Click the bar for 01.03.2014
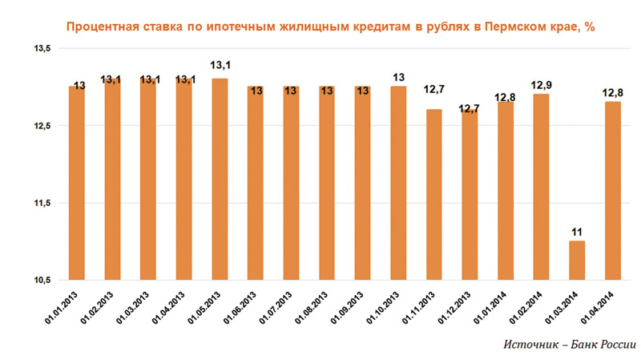tap(576, 260)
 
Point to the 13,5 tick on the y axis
tap(41, 49)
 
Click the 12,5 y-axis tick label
tap(41, 126)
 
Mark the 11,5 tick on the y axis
tap(41, 203)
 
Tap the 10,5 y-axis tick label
tap(41, 280)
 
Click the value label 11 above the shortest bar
tap(576, 233)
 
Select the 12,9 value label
tap(541, 85)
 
